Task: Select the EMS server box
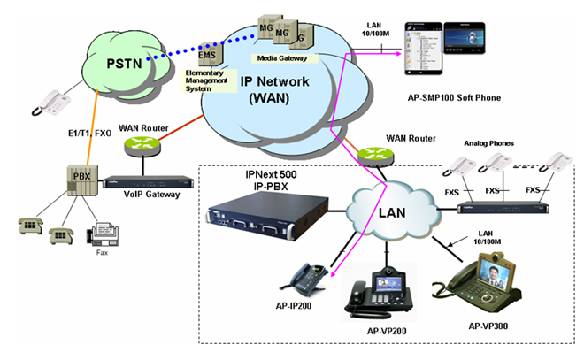tap(208, 50)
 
